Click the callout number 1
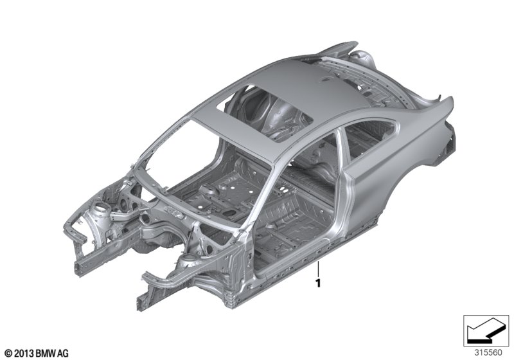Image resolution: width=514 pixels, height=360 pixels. click(317, 283)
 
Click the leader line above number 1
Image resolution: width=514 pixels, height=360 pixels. click(317, 269)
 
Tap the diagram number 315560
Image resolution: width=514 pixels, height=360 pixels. click(488, 353)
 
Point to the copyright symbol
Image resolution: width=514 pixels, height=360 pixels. click(9, 354)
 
